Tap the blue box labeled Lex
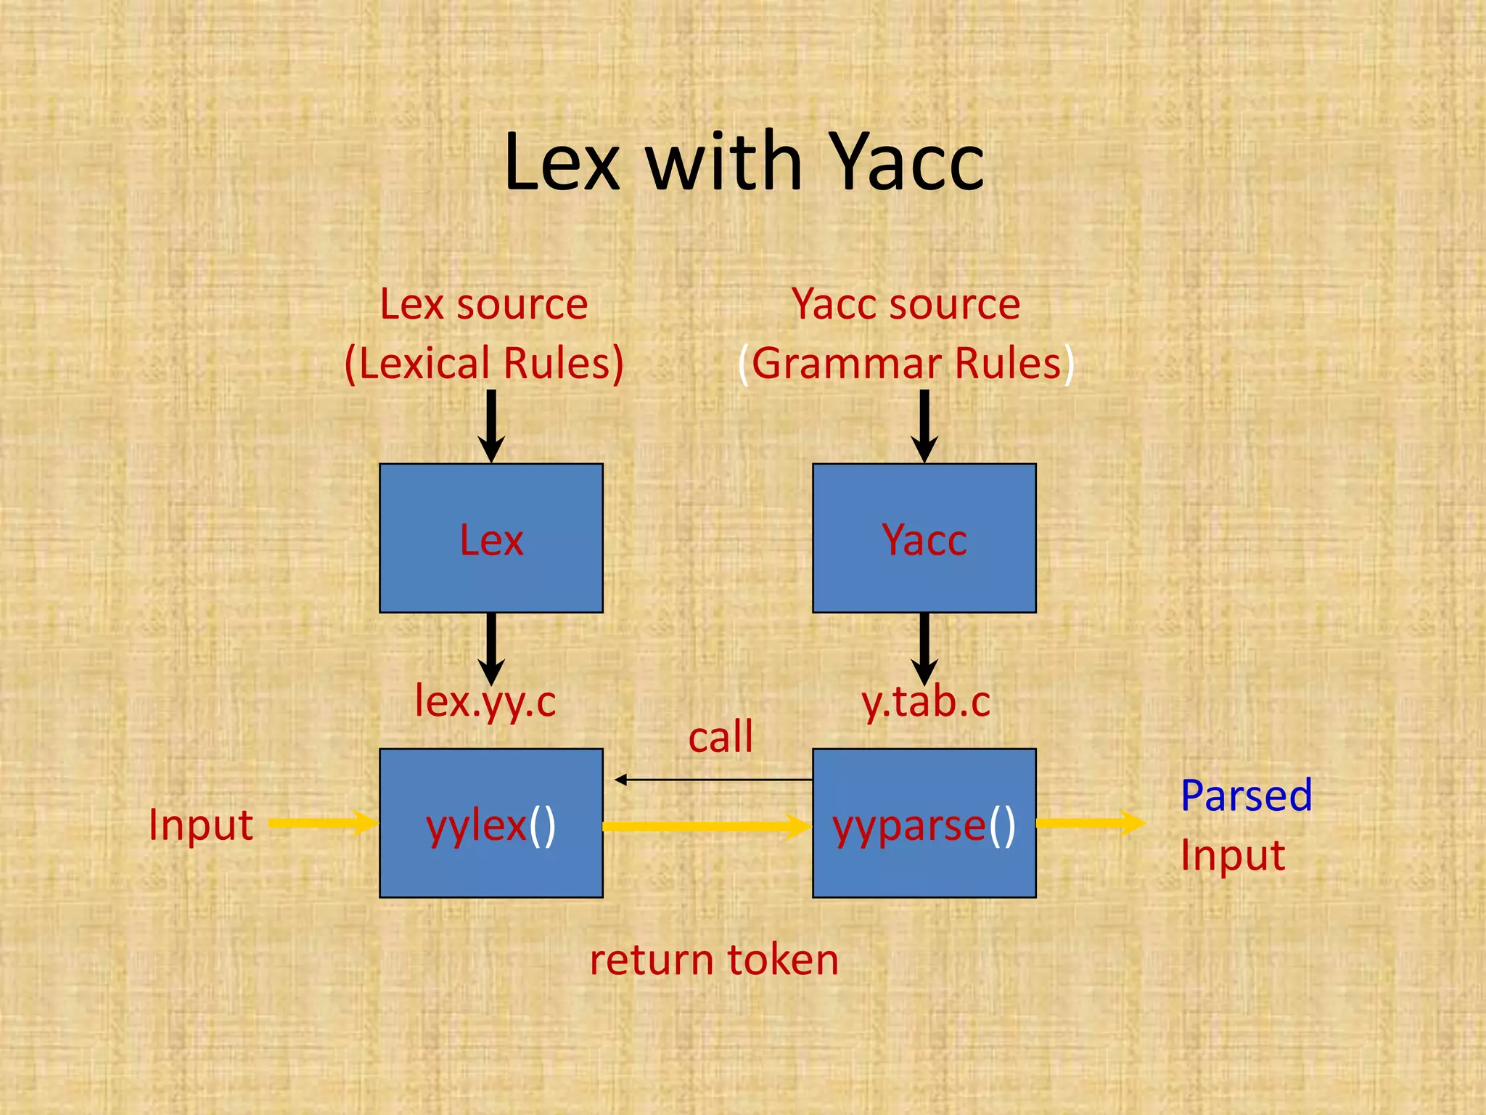491,539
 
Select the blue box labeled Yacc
924,539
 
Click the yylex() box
491,823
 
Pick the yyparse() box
924,823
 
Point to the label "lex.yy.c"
485,701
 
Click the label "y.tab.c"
926,701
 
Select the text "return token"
714,960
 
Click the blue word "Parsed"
1246,795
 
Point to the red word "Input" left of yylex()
201,825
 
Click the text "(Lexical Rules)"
484,363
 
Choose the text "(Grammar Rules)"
906,363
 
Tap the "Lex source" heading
484,304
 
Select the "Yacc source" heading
906,304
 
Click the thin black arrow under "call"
714,780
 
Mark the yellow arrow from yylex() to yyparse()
707,826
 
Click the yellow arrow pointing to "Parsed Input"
1090,822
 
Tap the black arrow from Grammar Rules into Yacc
924,425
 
